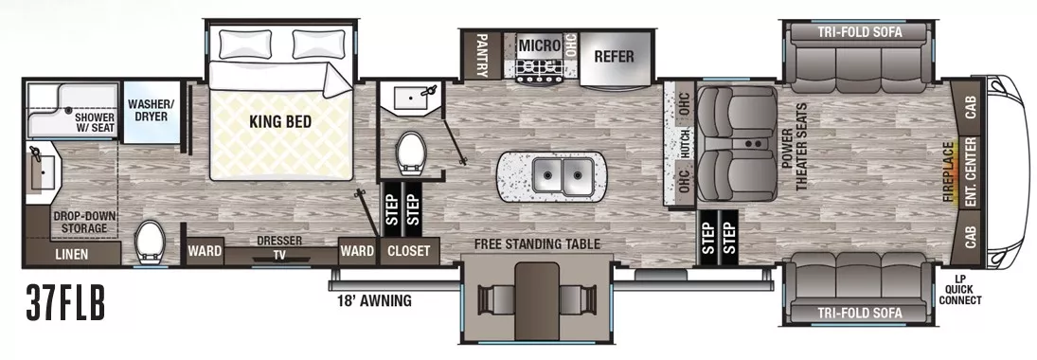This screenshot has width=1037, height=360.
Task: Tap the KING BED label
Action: pos(280,121)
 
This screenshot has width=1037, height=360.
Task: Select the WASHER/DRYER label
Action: pos(151,111)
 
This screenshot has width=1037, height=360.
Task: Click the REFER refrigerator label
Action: pos(613,56)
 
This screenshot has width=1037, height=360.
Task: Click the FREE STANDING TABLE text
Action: pos(538,243)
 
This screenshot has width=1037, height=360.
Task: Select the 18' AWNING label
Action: pos(374,301)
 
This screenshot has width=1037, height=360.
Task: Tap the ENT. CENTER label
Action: pos(971,174)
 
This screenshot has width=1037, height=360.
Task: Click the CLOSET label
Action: pos(409,251)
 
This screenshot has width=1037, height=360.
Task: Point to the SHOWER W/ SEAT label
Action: pos(95,123)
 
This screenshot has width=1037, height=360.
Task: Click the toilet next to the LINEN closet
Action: pos(150,243)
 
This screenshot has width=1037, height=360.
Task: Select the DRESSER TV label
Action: pos(279,247)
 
